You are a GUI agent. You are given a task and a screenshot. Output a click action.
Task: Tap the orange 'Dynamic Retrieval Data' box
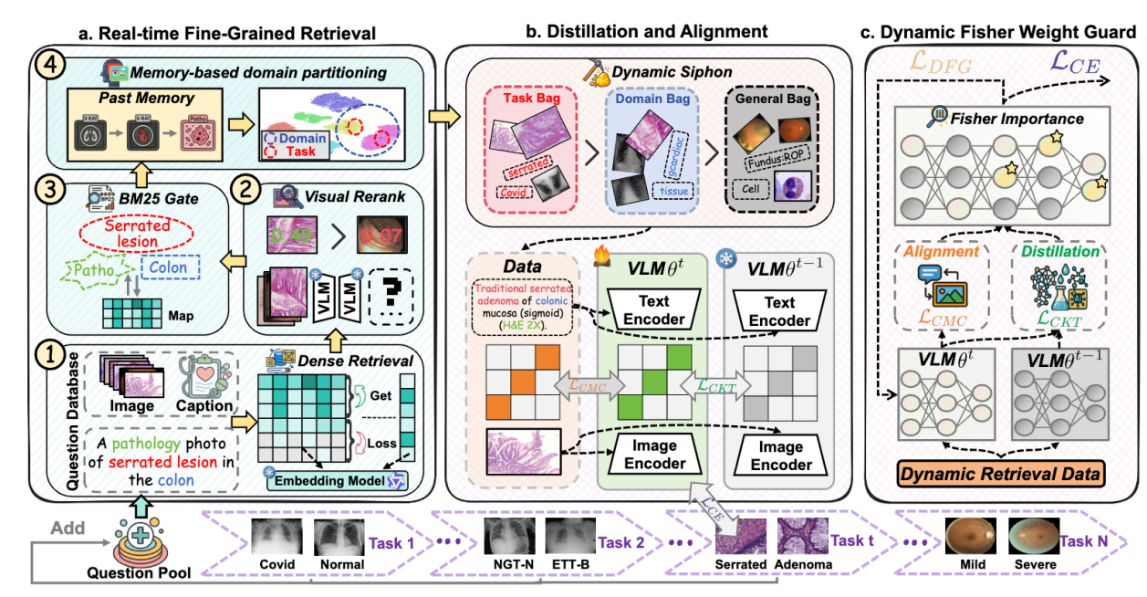coord(1002,475)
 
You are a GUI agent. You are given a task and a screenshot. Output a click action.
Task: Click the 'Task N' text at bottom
coord(1083,542)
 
